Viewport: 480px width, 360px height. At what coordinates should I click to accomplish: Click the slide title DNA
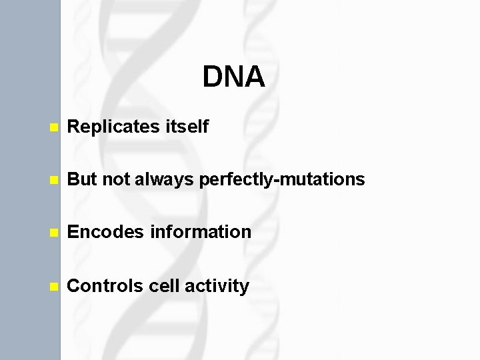point(234,77)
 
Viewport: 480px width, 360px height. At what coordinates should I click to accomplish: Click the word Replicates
point(111,126)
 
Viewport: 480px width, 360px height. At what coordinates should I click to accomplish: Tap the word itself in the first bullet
point(184,126)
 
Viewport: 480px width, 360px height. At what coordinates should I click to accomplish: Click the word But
point(82,179)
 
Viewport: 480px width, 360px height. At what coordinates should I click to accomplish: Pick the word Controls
point(103,286)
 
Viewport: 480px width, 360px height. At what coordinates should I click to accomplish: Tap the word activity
point(216,286)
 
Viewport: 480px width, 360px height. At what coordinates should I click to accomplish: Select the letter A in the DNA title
point(255,77)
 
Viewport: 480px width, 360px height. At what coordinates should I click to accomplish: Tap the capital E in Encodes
point(74,232)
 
